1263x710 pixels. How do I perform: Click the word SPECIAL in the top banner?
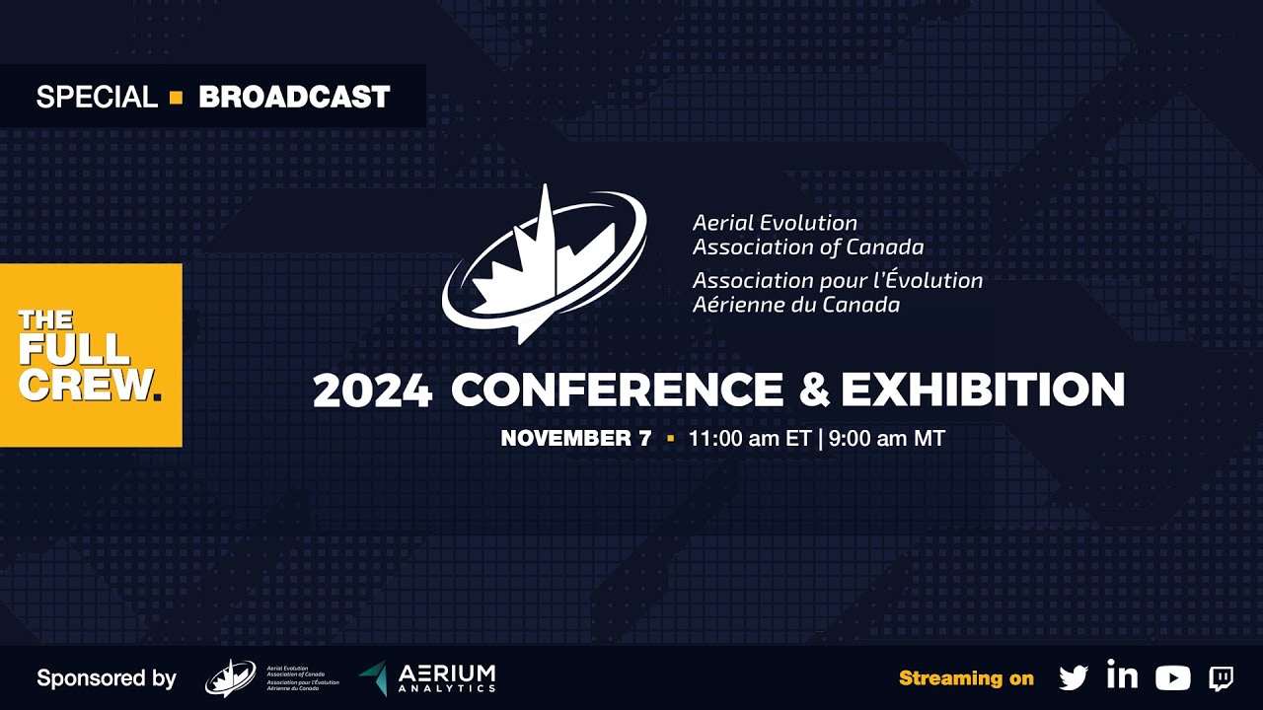(97, 97)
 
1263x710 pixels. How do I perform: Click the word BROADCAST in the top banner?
(294, 97)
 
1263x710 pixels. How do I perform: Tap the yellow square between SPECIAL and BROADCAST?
(177, 97)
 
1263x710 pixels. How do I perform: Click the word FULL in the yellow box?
(74, 350)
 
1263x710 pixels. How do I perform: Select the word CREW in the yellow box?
(85, 385)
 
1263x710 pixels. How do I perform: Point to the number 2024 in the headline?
(372, 391)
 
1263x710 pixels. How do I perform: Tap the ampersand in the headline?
(813, 390)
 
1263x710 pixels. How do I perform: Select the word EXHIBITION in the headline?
(983, 390)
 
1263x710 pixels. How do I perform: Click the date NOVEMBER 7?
(576, 439)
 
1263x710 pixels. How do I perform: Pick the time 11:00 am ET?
(750, 439)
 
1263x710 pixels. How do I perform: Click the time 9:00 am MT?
(887, 439)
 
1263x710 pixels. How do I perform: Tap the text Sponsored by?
(107, 678)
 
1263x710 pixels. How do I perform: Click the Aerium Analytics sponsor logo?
(427, 677)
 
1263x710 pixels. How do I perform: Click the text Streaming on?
(966, 678)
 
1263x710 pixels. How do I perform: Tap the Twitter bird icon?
(1074, 677)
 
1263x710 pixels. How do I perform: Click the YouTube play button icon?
(1172, 677)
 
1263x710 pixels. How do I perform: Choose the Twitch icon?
(1222, 677)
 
